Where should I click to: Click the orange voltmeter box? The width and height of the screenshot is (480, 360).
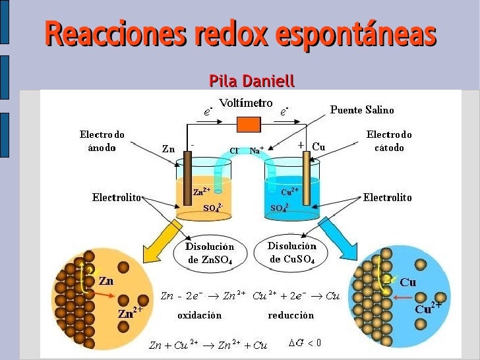pos(249,124)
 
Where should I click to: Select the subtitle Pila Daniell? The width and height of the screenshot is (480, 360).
pos(251,81)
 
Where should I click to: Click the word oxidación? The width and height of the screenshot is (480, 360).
pos(200,315)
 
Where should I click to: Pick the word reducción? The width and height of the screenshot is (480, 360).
pos(291,315)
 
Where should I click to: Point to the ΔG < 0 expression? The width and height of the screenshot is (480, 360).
pos(305,342)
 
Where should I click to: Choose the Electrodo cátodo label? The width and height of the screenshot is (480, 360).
pos(389,141)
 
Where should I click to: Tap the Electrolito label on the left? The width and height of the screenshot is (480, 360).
pos(117,197)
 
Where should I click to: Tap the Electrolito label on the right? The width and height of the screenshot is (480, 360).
pos(387,197)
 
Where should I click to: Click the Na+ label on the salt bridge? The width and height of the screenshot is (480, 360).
pos(256,150)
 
